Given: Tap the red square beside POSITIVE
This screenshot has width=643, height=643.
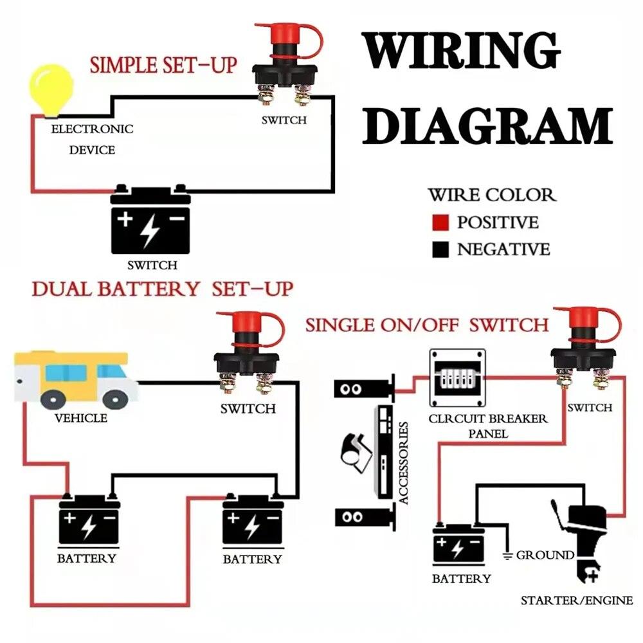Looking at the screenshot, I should [440, 223].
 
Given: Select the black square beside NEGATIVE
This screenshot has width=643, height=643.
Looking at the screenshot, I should [440, 249].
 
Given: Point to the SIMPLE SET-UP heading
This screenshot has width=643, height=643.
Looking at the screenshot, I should [163, 65].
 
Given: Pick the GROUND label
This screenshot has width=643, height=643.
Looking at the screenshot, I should [545, 554].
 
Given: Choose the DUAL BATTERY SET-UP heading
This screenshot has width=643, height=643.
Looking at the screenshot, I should [162, 289].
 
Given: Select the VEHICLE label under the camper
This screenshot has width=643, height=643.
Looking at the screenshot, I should [81, 418].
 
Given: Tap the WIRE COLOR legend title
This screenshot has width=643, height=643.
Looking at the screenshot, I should [492, 195].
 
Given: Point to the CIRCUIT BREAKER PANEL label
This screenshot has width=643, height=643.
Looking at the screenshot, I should [488, 426].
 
